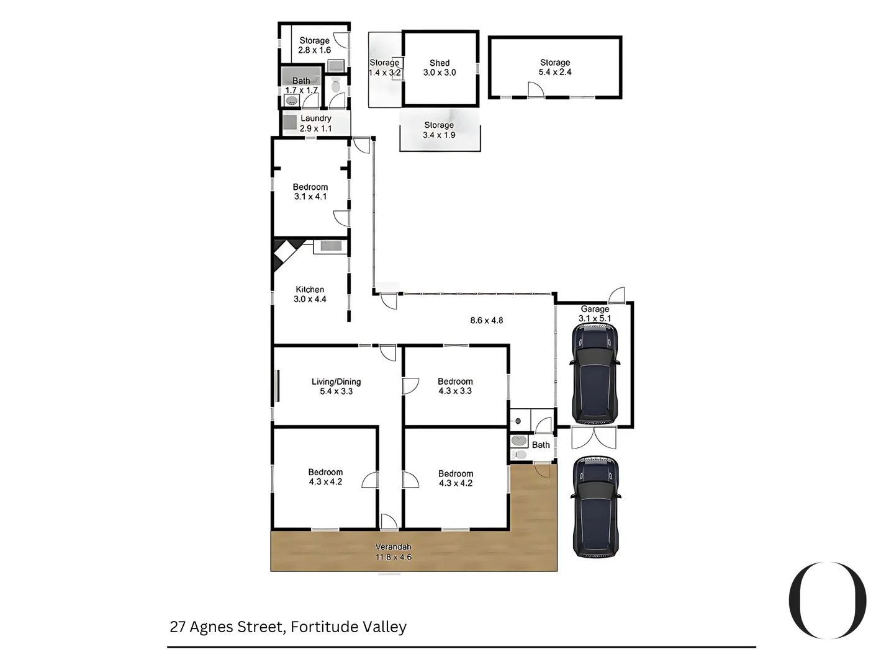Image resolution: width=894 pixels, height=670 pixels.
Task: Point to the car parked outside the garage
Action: tap(595, 506)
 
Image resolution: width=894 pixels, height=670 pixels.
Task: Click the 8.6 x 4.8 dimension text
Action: tap(486, 321)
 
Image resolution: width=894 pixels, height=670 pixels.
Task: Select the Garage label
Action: tap(595, 309)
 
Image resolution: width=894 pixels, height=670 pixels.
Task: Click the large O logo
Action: tap(827, 600)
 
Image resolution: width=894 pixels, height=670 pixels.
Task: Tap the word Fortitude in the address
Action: tap(317, 627)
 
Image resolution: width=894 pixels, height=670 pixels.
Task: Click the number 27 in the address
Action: tap(178, 627)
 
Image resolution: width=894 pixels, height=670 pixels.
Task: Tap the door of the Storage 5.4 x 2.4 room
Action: tap(535, 91)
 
